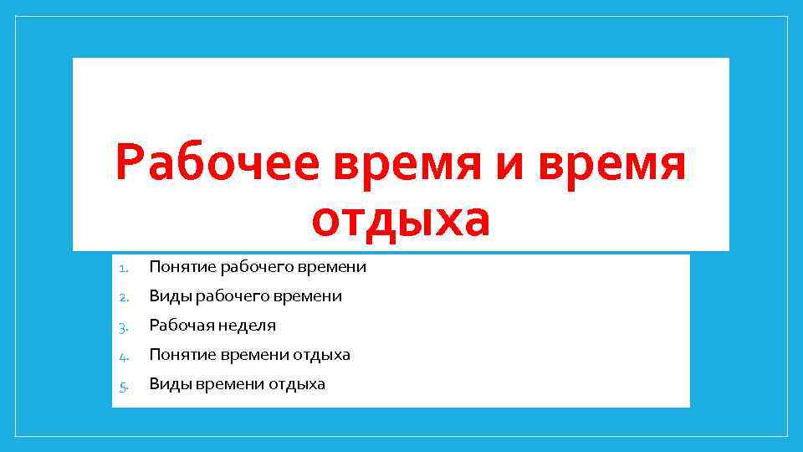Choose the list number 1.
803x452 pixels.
point(122,269)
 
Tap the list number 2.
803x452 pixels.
point(122,297)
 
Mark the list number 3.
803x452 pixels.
point(122,326)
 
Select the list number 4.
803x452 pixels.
point(122,356)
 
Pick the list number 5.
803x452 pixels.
point(122,385)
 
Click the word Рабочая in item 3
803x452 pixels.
point(181,326)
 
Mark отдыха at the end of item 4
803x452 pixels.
point(321,355)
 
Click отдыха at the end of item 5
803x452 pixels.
point(297,384)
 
